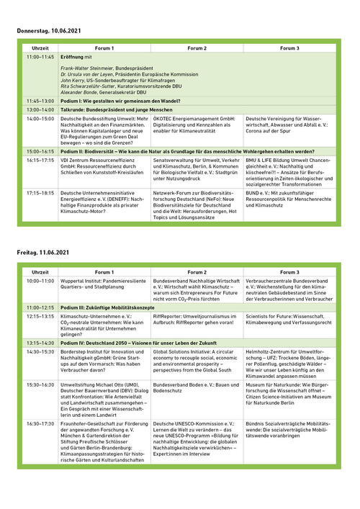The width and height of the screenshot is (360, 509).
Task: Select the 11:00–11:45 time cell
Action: click(x=40, y=56)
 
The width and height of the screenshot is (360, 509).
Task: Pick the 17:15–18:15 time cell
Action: click(x=40, y=192)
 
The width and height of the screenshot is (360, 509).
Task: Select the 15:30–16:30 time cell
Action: click(x=40, y=384)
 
